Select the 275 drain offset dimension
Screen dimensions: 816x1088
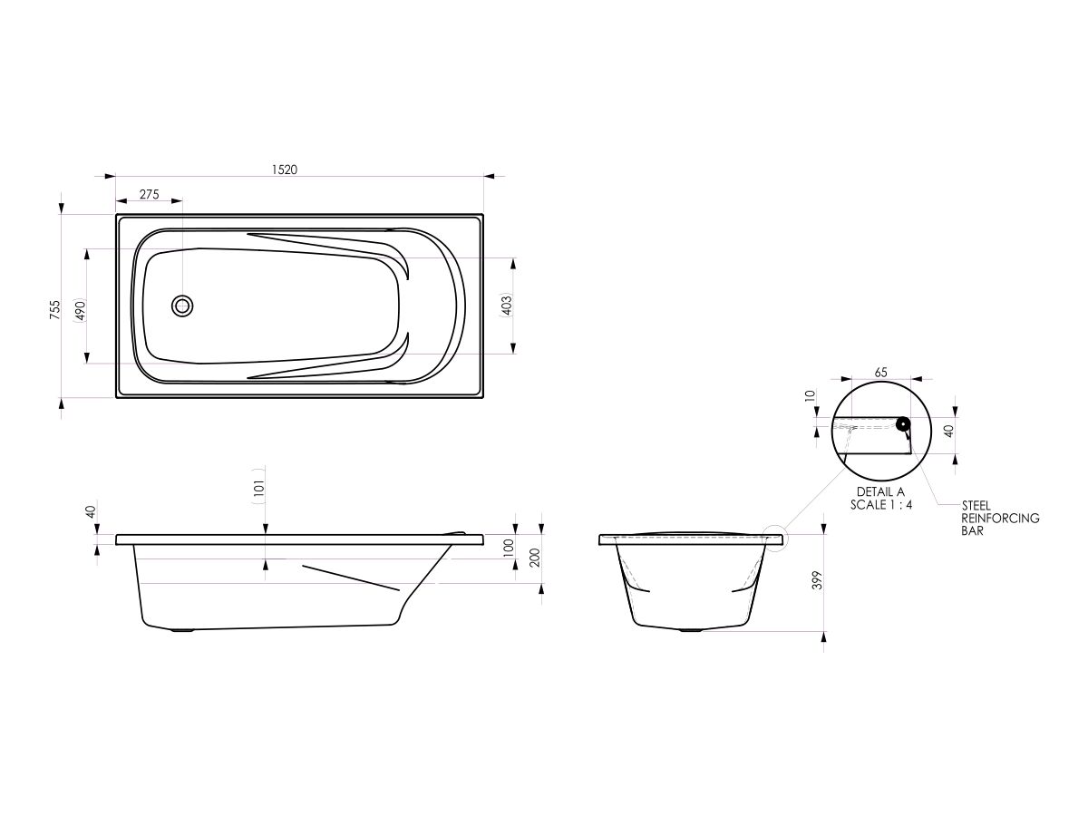[x=149, y=195]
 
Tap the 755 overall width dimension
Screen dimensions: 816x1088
[x=54, y=310]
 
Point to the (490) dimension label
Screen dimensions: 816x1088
[x=80, y=310]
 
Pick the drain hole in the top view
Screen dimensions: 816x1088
[x=182, y=306]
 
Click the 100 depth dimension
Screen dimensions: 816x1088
[x=509, y=547]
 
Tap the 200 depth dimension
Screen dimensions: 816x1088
[x=535, y=558]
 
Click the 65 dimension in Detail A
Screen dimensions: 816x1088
[x=880, y=373]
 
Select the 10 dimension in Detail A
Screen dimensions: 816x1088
[x=811, y=395]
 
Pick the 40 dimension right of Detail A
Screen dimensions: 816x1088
[x=948, y=431]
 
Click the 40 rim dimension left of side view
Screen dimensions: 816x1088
[x=90, y=512]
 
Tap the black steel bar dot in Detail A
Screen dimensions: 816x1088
[x=903, y=423]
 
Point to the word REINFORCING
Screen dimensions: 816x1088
[x=1000, y=519]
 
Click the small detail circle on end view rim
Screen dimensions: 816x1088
[x=778, y=539]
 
